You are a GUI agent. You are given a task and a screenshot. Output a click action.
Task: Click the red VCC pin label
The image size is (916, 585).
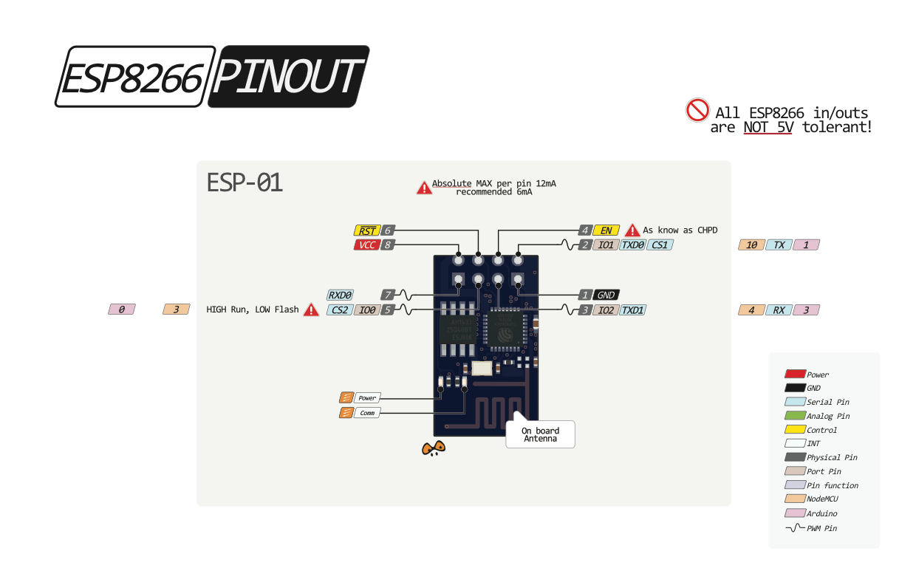coord(366,244)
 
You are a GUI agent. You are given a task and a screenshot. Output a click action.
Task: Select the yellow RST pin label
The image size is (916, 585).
coord(366,230)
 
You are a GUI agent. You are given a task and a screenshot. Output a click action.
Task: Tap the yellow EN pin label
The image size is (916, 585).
coord(606,230)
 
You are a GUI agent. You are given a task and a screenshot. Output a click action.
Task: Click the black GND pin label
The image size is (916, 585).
coord(606,295)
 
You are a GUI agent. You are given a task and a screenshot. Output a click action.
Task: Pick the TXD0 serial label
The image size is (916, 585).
coord(632,244)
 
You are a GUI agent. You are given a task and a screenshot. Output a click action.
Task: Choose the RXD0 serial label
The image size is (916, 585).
coord(340,295)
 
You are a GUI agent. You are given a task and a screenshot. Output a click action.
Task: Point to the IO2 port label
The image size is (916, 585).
coord(606,310)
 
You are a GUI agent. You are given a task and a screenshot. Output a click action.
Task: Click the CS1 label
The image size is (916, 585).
coord(660,244)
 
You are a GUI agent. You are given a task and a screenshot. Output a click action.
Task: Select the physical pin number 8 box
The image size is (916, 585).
coord(388,244)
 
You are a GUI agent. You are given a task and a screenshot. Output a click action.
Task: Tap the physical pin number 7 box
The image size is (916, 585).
coord(388,295)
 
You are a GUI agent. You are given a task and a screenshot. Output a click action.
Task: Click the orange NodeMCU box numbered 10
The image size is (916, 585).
coord(751,244)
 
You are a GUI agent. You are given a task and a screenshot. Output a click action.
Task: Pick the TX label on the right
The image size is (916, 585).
coord(779,244)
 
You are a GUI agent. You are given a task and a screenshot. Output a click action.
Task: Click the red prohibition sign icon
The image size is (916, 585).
coord(697,110)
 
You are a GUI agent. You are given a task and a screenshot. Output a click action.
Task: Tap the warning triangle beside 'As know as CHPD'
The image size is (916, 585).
coord(632,230)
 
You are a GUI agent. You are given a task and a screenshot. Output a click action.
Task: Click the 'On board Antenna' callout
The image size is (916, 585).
coord(540,434)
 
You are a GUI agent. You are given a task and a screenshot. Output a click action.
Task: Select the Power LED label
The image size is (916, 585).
coord(367,397)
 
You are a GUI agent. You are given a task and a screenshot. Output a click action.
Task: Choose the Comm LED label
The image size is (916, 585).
coord(367,413)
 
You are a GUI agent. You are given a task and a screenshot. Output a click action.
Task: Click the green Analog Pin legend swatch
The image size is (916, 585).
coord(795,416)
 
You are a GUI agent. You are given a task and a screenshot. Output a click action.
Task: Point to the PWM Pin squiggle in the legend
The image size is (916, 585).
coord(795,528)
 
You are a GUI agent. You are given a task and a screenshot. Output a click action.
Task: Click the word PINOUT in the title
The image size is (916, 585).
coord(289,77)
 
